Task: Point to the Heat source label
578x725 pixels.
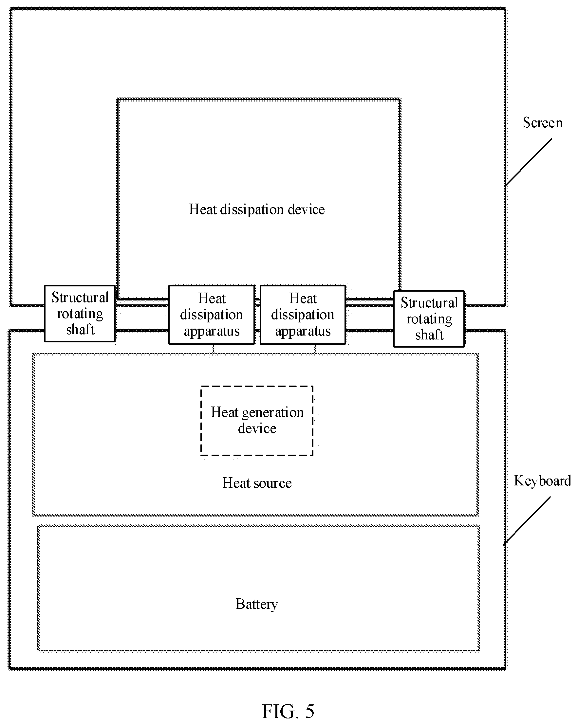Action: (x=257, y=483)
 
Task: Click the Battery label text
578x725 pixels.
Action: (x=257, y=604)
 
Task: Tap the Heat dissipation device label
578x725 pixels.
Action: (x=257, y=209)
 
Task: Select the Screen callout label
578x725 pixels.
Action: (x=543, y=122)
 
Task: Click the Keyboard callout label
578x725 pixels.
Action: (x=542, y=481)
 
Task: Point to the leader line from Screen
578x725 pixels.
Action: (x=529, y=162)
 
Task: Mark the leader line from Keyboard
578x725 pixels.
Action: (x=527, y=520)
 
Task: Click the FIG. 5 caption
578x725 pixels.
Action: (x=288, y=711)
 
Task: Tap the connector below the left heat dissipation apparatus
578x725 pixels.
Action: (x=213, y=349)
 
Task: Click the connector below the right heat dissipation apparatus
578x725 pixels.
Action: (x=315, y=349)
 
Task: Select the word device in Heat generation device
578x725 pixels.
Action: (x=257, y=428)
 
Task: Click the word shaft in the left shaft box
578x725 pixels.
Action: (x=81, y=330)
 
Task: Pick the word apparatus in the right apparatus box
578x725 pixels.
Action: (x=303, y=332)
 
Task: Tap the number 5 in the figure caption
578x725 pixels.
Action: (x=310, y=712)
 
